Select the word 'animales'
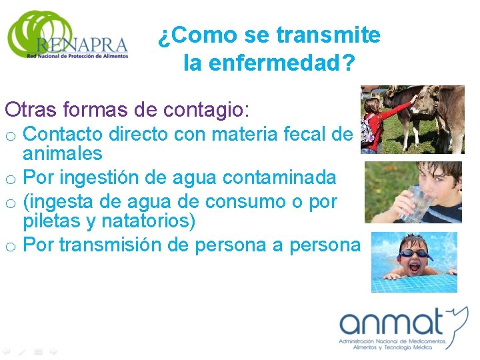tap(63, 154)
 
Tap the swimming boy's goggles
tap(414, 253)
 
